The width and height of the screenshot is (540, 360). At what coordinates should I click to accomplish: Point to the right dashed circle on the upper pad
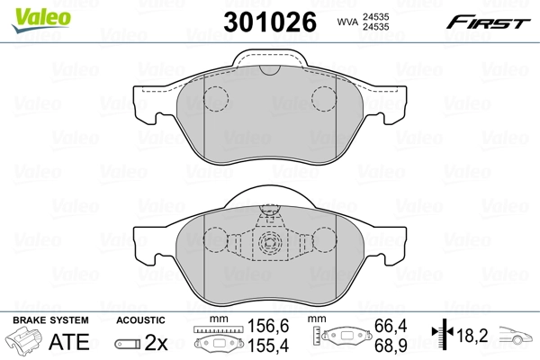[324, 100]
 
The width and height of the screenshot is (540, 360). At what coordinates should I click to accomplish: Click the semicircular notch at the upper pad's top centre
[269, 70]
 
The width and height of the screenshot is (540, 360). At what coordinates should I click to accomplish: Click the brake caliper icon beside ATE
[25, 343]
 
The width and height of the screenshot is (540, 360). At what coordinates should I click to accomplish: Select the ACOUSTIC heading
[140, 320]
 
